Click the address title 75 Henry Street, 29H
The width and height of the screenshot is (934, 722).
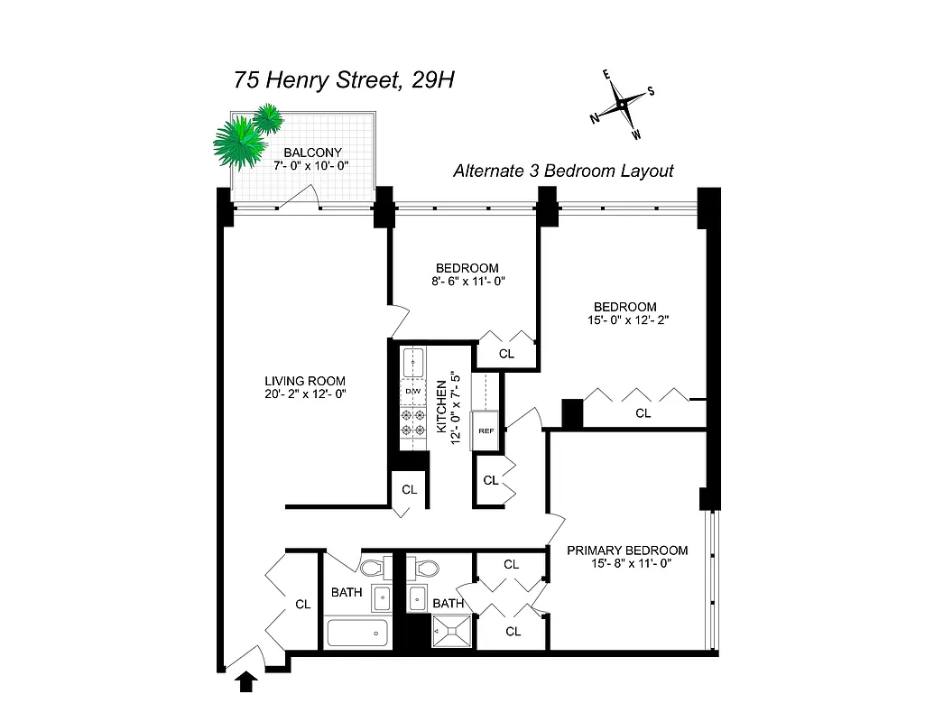(x=343, y=79)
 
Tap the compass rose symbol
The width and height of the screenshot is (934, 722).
(x=623, y=106)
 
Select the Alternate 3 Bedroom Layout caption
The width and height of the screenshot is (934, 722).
(x=563, y=171)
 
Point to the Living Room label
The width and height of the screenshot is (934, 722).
(x=304, y=381)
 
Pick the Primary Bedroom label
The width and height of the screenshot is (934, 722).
(x=626, y=551)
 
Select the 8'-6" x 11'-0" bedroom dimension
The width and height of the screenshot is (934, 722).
(x=467, y=281)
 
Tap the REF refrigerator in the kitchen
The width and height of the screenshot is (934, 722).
(x=486, y=430)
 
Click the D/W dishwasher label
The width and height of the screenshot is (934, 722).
(x=412, y=391)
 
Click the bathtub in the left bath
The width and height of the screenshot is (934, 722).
(x=356, y=633)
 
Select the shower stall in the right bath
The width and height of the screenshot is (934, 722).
(x=450, y=631)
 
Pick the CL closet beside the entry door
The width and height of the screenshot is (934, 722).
(x=302, y=605)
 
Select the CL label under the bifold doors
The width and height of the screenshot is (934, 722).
(x=643, y=413)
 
